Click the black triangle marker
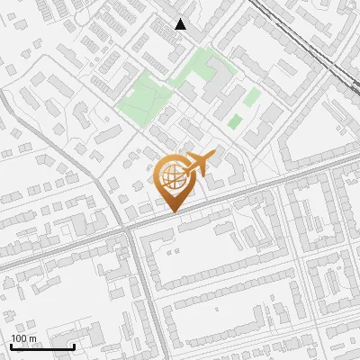[181, 24]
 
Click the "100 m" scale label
[24, 338]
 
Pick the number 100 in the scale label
[20, 338]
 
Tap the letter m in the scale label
[33, 338]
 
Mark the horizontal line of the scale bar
[42, 346]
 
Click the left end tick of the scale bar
[11, 345]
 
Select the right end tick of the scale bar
[74, 345]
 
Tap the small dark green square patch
[235, 121]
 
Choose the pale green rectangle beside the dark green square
[252, 96]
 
